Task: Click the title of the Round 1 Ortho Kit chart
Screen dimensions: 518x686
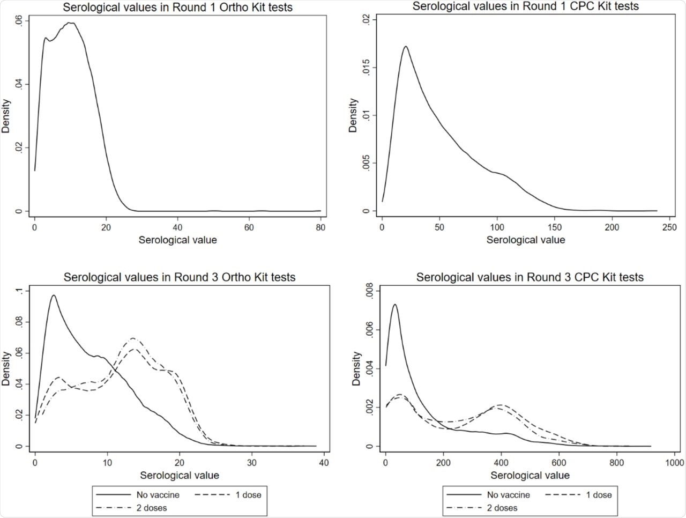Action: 178,8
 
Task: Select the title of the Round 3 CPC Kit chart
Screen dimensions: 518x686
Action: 530,277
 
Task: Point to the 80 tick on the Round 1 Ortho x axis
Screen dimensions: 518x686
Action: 320,227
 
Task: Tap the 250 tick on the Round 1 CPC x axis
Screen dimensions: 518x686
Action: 669,227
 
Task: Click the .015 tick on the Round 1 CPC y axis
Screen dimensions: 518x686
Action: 366,68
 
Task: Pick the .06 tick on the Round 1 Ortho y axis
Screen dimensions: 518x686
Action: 18,21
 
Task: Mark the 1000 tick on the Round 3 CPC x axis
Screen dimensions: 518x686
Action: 674,462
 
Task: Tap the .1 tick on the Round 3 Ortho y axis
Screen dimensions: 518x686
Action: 19,291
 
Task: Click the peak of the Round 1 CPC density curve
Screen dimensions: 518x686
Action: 406,47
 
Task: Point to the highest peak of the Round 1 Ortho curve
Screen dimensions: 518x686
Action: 70,23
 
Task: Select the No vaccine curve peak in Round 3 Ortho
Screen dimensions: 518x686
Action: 53,295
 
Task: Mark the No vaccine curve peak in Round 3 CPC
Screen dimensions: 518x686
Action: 394,305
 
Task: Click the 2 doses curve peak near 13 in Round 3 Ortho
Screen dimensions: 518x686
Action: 132,338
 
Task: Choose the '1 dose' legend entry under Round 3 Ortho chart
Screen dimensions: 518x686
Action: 248,494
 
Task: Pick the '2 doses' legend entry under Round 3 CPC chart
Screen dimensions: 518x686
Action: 502,508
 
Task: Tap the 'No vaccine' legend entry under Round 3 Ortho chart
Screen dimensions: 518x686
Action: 158,494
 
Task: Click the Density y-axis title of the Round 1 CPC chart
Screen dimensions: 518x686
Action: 353,115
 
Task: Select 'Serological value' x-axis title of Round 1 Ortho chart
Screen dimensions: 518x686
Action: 177,240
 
